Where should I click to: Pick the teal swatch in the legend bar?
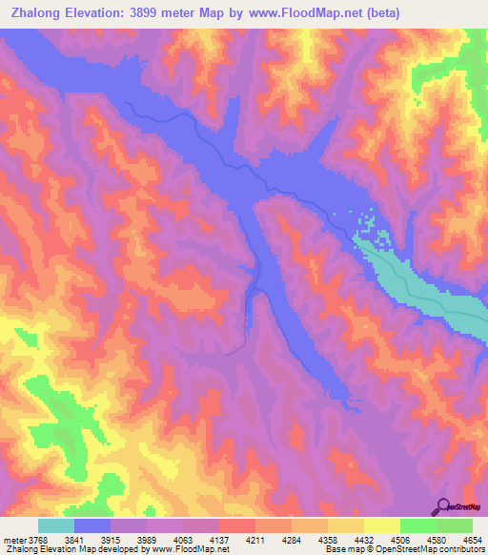56,525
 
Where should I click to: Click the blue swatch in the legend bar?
92,525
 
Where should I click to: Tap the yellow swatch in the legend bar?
382,525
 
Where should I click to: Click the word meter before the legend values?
15,539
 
